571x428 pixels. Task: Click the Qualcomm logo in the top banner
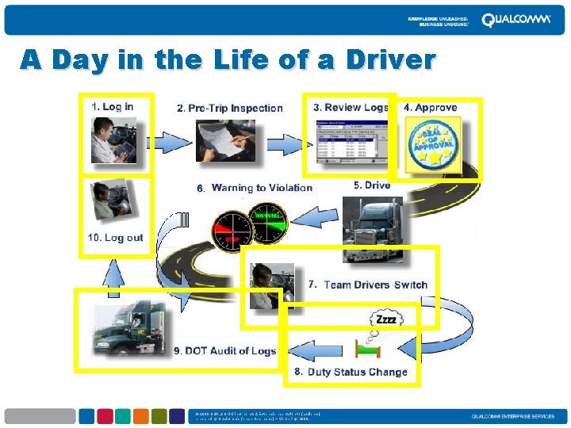coord(515,20)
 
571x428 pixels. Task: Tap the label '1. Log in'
coord(113,106)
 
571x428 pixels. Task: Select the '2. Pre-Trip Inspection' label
coord(229,108)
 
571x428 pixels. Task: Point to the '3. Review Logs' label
coord(350,108)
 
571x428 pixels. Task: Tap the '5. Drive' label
coord(372,185)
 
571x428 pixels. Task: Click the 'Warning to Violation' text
coord(262,188)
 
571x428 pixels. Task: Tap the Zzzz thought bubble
coord(385,319)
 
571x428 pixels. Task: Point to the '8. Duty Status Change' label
coord(351,372)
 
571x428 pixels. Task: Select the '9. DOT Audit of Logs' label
coord(224,351)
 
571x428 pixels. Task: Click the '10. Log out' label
coord(116,237)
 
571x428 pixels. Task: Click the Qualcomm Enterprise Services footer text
coord(512,417)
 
